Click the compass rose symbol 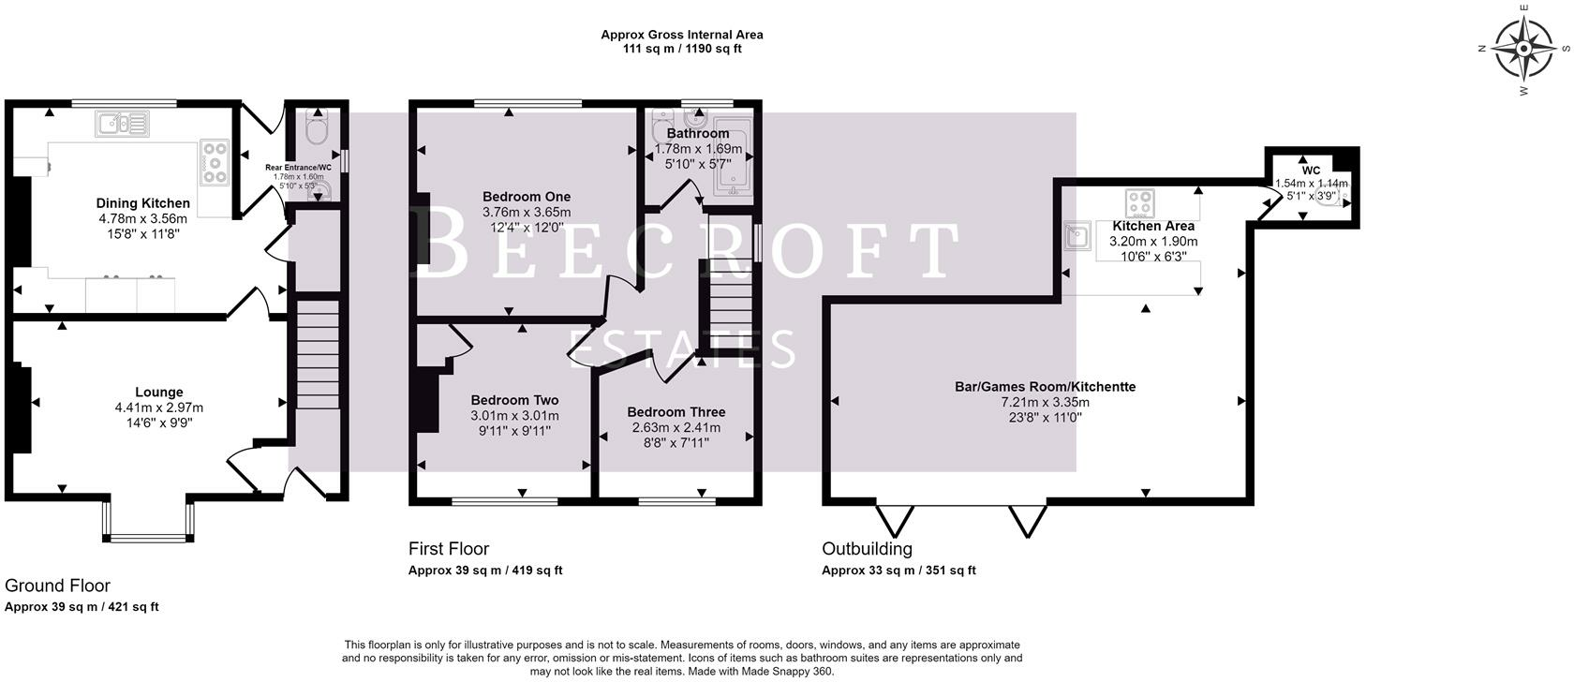[1523, 49]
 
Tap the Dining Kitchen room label [142, 203]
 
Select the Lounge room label [159, 392]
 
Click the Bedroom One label [527, 197]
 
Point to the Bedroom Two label [514, 400]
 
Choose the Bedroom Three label [676, 412]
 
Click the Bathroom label [698, 133]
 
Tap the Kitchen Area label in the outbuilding [1153, 226]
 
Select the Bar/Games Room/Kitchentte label [1045, 386]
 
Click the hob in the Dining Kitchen [215, 162]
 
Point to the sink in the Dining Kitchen [122, 125]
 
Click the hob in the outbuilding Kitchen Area [1139, 203]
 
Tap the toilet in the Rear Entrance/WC [318, 127]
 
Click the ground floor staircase [318, 355]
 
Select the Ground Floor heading [58, 586]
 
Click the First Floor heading [448, 549]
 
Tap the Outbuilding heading [868, 549]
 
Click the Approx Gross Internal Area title [682, 35]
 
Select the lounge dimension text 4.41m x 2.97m [159, 408]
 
